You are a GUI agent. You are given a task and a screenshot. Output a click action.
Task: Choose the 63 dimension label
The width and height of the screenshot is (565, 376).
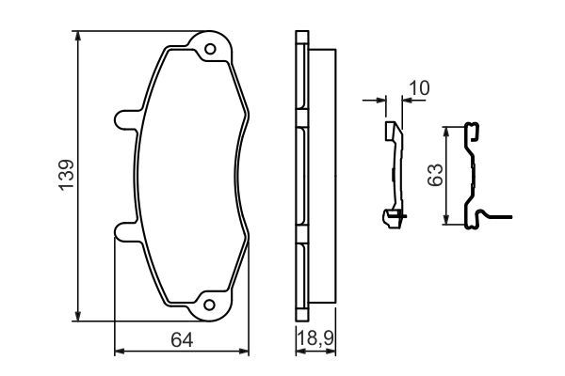[434, 176]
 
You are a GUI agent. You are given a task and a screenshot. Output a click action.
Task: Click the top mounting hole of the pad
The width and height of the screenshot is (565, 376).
[210, 48]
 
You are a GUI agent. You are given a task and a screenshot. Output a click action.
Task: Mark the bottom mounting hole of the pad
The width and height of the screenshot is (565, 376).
[210, 305]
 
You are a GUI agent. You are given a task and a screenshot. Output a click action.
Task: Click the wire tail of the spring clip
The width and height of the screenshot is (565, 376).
[499, 219]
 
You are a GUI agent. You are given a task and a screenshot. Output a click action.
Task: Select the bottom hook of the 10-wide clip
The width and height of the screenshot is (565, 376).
[390, 219]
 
